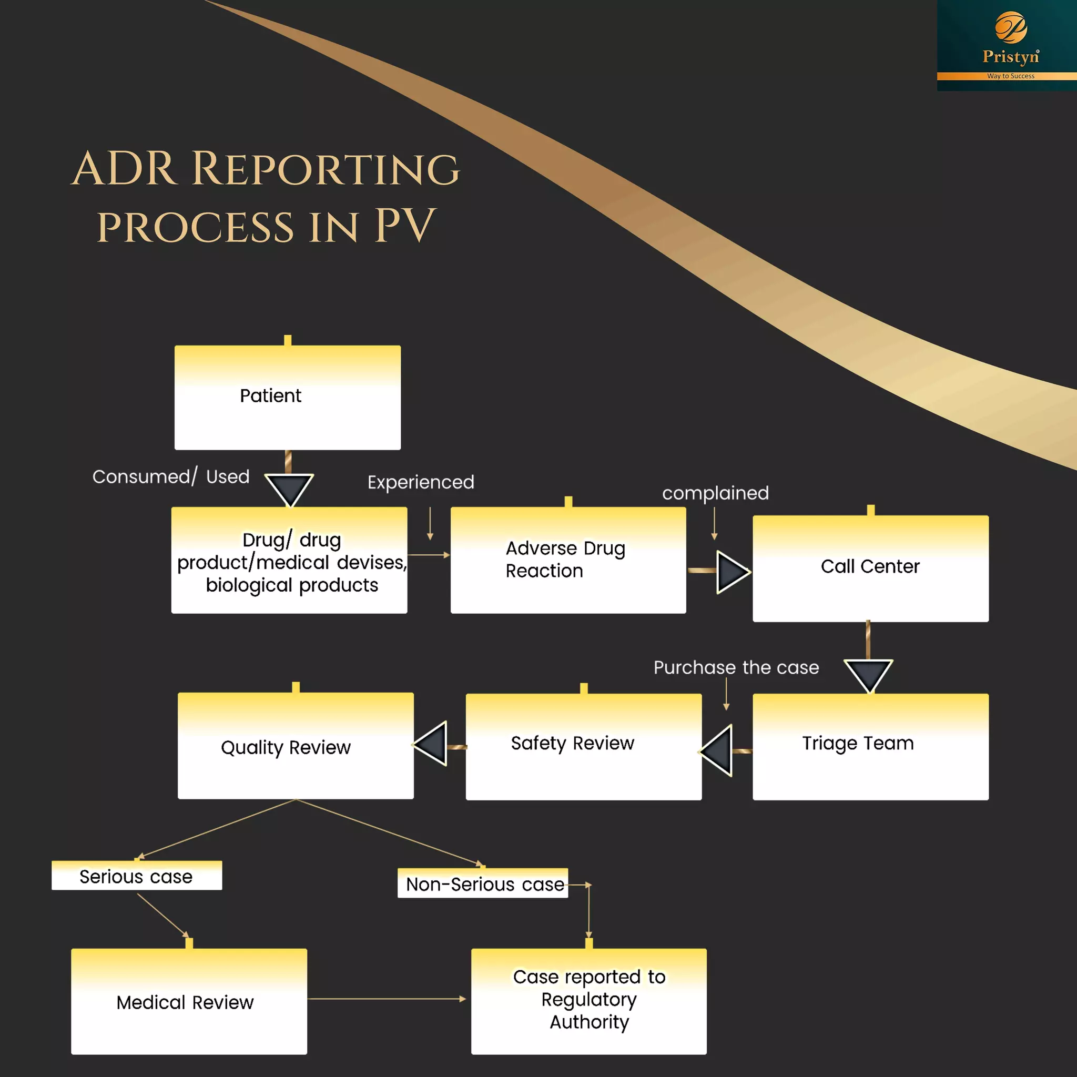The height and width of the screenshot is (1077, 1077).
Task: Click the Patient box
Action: pos(287,397)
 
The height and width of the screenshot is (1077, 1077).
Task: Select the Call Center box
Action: pos(870,568)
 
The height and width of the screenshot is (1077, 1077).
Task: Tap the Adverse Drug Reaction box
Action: pos(567,560)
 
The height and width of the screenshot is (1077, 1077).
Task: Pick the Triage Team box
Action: pos(870,746)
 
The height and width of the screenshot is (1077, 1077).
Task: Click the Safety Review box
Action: pos(583,746)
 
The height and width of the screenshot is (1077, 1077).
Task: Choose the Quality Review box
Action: pos(296,745)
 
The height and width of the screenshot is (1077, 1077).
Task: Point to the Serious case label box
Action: pos(137,876)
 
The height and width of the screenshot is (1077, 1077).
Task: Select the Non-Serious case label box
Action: pos(483,883)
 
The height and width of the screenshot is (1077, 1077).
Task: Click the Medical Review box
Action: pos(189,1001)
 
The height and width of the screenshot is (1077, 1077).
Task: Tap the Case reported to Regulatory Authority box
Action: pos(588,1001)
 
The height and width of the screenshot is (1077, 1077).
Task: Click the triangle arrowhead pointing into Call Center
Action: pos(731,572)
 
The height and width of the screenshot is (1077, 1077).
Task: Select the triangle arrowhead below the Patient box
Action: pos(289,489)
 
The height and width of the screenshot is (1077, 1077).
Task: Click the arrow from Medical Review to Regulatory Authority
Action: pos(388,999)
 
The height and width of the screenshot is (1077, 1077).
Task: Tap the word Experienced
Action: pos(421,482)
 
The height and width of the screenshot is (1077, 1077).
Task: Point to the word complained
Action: pos(715,493)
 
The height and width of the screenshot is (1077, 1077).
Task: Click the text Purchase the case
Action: pos(736,667)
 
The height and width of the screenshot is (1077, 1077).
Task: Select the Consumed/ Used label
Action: pos(170,476)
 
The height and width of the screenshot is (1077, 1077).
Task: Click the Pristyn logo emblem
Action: pos(1011,27)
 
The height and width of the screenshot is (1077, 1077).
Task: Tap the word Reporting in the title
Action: pos(326,168)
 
